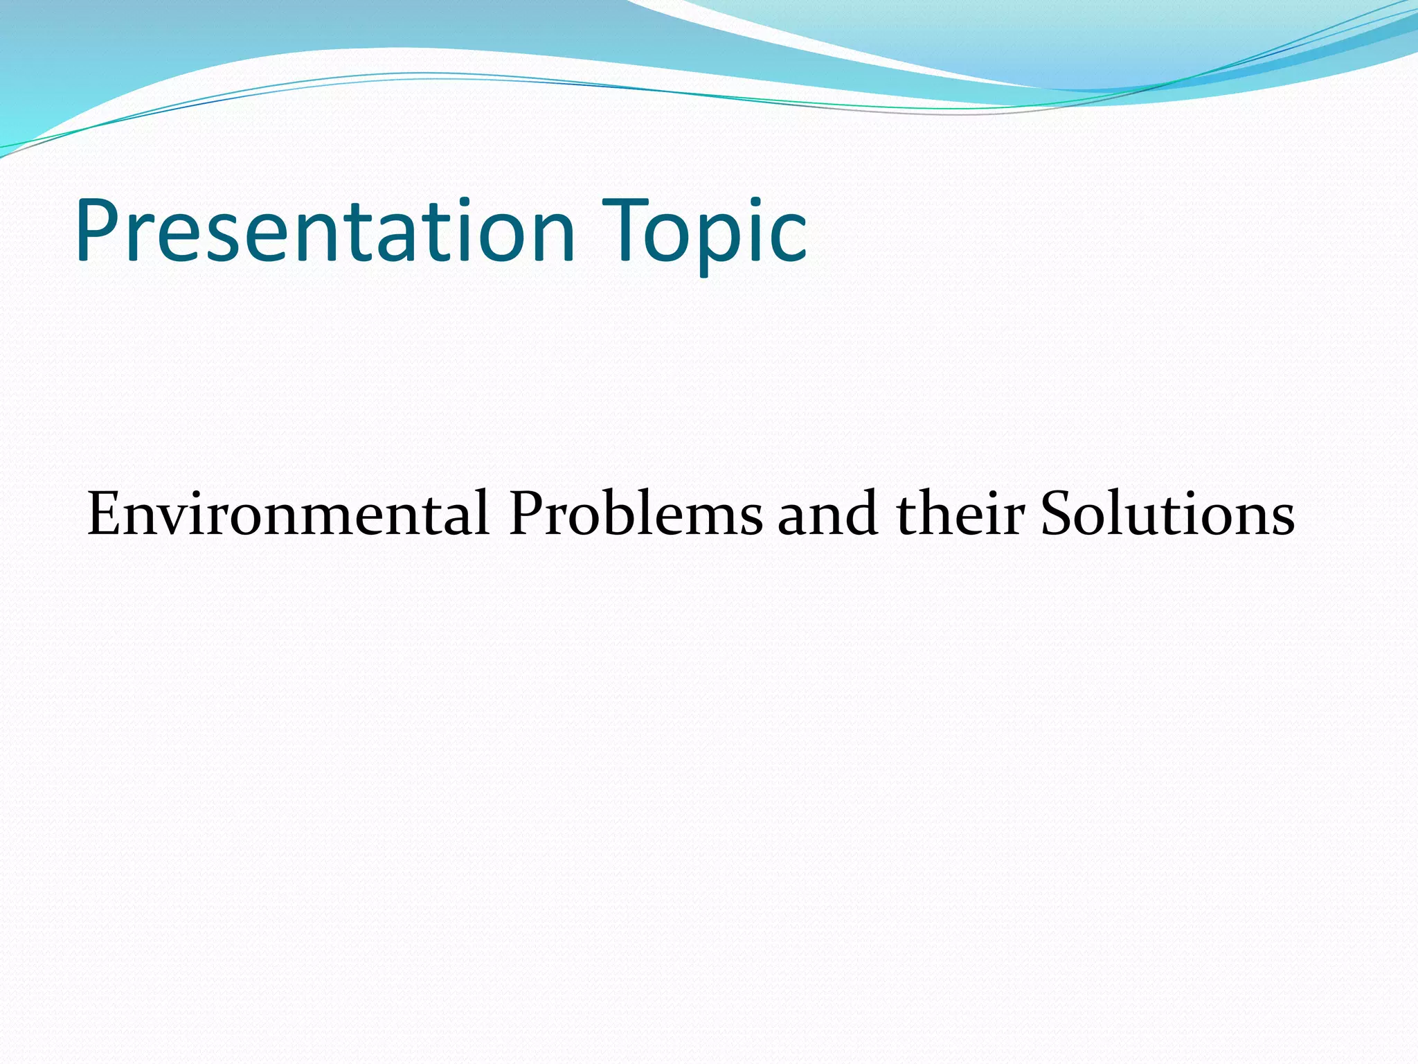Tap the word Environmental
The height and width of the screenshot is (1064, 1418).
tap(288, 514)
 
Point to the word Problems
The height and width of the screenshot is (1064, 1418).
tap(635, 514)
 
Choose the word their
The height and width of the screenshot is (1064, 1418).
tap(959, 514)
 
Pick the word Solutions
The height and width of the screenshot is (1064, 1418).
tap(1167, 514)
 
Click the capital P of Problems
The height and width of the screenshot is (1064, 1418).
tap(526, 514)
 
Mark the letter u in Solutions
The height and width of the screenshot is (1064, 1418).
tap(1150, 521)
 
